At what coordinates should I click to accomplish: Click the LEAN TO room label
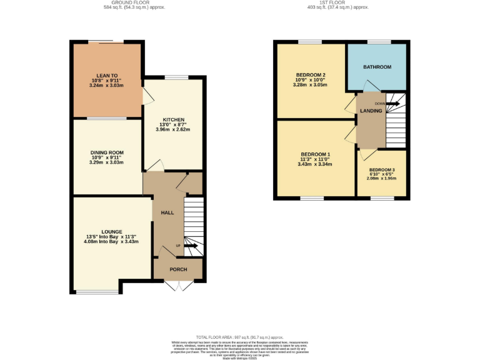[x=102, y=76]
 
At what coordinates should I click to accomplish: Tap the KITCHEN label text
[x=172, y=119]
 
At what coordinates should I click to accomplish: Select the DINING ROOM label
[x=107, y=152]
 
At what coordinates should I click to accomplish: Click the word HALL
[x=167, y=213]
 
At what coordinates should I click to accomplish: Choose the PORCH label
[x=178, y=269]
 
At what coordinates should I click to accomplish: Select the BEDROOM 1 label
[x=315, y=154]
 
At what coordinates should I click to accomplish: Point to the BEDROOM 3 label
[x=382, y=170]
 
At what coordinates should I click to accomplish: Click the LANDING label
[x=371, y=111]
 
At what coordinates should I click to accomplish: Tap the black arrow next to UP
[x=191, y=246]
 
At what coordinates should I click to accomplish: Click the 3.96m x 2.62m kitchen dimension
[x=172, y=129]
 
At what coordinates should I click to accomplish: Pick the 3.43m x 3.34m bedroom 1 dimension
[x=315, y=164]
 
